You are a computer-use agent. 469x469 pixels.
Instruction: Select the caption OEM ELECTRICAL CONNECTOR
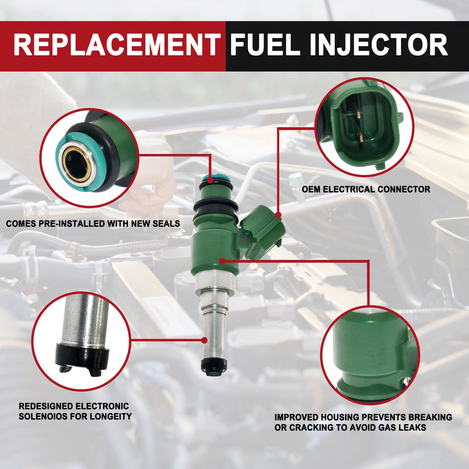[x=366, y=189]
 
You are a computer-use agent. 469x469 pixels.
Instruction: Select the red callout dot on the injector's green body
[x=222, y=260]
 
